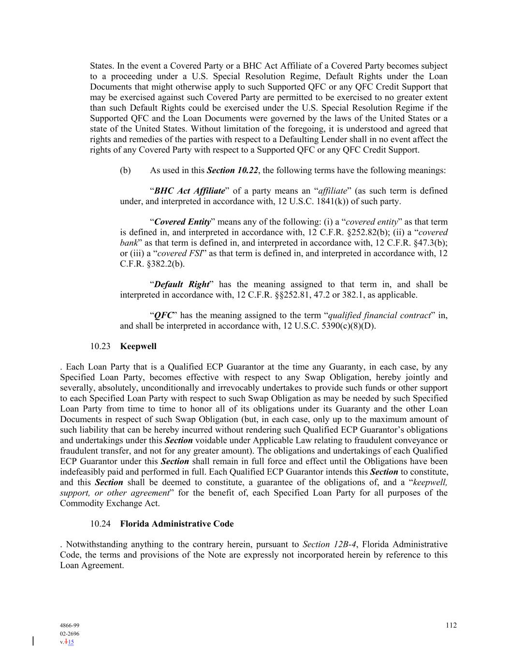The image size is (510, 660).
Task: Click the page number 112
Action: coord(451,625)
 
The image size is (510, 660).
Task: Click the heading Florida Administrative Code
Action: coord(176,524)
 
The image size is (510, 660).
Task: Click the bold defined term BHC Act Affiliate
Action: coord(189,191)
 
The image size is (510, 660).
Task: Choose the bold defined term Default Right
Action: coord(182,284)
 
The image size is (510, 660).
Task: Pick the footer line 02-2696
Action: coord(70,633)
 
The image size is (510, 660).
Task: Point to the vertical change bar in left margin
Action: coord(33,641)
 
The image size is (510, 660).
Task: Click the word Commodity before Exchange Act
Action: coord(79,503)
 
